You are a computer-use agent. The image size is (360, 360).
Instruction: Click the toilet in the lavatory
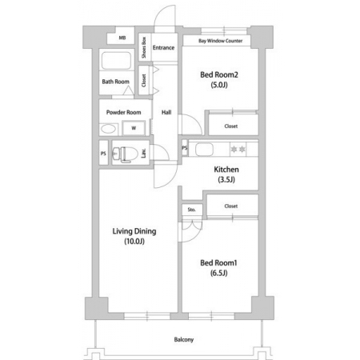122,154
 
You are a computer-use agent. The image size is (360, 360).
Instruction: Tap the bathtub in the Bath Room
116,61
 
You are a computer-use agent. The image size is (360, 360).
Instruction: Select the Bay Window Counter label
221,41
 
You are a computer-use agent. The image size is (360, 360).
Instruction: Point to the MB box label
122,38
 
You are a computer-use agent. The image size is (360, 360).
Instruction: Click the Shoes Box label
144,47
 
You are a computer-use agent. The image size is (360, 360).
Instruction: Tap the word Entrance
163,48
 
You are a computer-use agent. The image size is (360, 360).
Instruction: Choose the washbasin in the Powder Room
108,129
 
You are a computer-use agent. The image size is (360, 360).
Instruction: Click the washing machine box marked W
134,128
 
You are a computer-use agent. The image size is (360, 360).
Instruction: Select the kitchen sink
204,150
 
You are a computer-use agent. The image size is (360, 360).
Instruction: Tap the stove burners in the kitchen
238,149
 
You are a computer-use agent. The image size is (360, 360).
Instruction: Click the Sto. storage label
191,210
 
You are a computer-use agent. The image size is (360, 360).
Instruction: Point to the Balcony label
184,339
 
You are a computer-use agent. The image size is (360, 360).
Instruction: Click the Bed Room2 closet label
231,126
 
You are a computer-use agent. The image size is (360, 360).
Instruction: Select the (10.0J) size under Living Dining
134,242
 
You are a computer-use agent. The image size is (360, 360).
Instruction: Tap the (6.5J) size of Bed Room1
218,273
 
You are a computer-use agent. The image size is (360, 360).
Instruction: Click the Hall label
166,112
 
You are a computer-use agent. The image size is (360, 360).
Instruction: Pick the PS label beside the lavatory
103,154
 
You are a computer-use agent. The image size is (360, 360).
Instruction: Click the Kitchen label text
226,170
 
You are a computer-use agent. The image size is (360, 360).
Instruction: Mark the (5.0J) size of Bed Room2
219,85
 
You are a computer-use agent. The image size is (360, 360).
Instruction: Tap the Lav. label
143,153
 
